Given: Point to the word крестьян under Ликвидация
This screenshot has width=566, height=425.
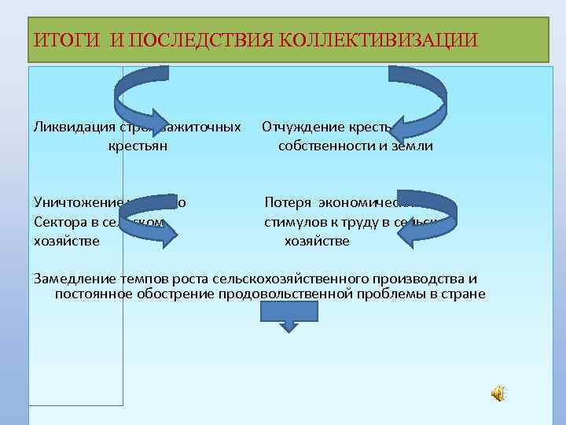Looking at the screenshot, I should [x=138, y=146].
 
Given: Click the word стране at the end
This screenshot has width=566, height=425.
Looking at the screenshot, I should [x=465, y=294].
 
